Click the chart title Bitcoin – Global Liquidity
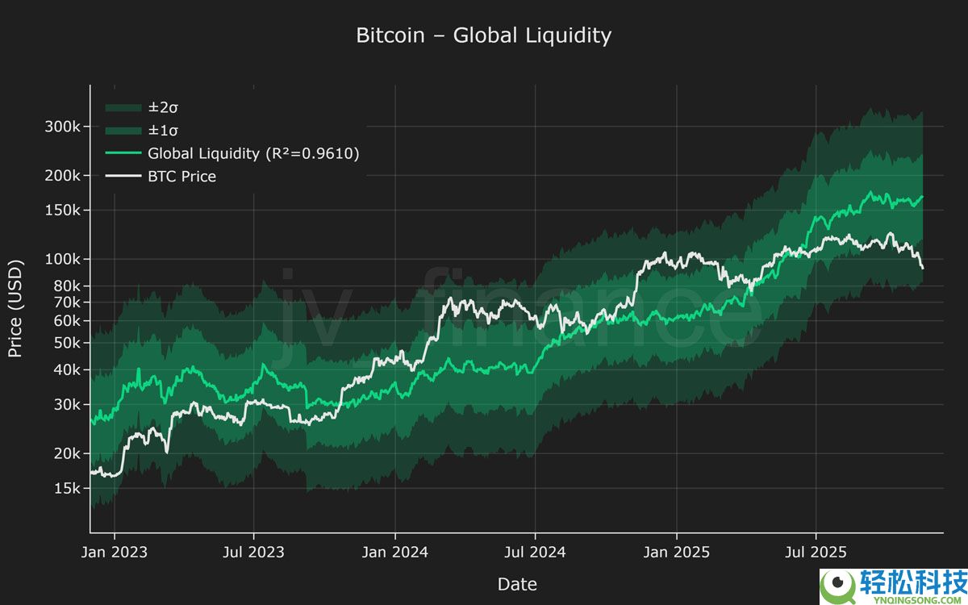pyautogui.click(x=483, y=35)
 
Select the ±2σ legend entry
pyautogui.click(x=162, y=107)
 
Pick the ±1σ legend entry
pyautogui.click(x=162, y=130)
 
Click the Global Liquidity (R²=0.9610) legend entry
pyautogui.click(x=252, y=153)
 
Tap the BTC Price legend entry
pyautogui.click(x=181, y=176)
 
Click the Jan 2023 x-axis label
pyautogui.click(x=114, y=552)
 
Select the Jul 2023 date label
pyautogui.click(x=253, y=552)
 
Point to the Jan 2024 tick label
pyautogui.click(x=395, y=552)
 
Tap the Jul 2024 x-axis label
pyautogui.click(x=535, y=552)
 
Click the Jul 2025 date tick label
pyautogui.click(x=816, y=552)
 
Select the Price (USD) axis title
pyautogui.click(x=15, y=309)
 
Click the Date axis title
pyautogui.click(x=516, y=584)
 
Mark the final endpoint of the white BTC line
pyautogui.click(x=923, y=268)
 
